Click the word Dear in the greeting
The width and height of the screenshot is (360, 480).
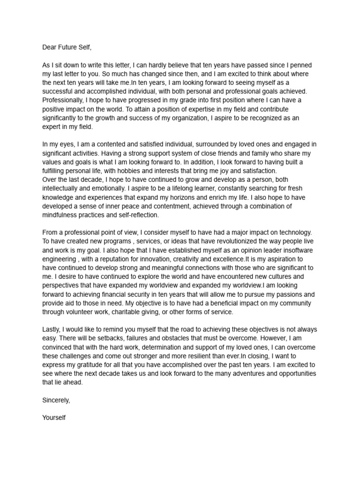[50, 47]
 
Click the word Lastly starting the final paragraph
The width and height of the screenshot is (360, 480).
[52, 330]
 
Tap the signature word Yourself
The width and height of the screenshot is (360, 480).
[54, 417]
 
